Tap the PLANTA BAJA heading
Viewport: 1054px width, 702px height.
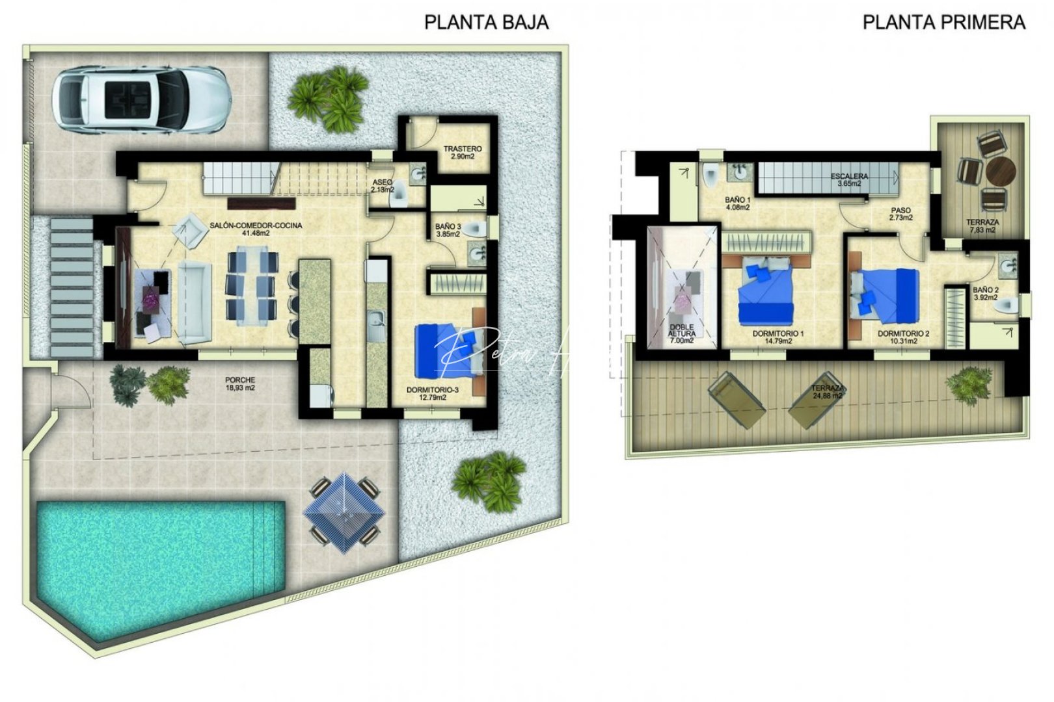(486, 23)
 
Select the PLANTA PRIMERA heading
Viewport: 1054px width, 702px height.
(943, 23)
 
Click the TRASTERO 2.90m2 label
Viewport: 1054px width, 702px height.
(463, 153)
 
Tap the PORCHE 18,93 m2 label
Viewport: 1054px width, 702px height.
(240, 383)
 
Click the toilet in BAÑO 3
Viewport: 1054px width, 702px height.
(478, 228)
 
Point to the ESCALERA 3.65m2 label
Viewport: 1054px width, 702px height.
(849, 180)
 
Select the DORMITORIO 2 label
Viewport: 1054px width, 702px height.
(903, 337)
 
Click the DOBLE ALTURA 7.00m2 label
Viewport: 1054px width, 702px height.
(681, 334)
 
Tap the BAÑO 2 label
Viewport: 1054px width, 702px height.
(986, 294)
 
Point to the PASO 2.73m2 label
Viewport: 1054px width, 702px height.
(900, 214)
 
